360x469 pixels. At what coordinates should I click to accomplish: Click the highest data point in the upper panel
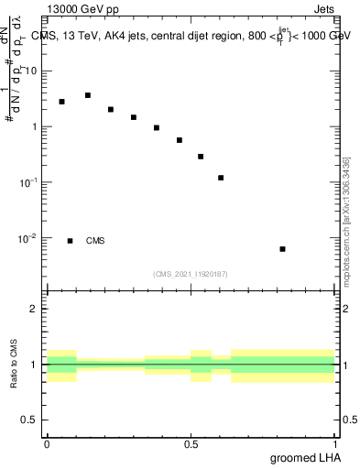point(88,95)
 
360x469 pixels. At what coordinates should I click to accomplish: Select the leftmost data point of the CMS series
point(61,102)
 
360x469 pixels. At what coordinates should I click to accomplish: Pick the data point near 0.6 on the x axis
point(221,178)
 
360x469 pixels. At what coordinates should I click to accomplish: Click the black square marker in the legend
point(70,241)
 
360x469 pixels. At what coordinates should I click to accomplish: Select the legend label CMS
point(95,241)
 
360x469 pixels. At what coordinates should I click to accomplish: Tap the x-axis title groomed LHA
point(305,458)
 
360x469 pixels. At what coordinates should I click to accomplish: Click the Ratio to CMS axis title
point(15,364)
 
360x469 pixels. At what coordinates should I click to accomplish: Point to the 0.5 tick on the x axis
point(191,444)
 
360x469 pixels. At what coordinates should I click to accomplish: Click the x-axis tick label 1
point(334,444)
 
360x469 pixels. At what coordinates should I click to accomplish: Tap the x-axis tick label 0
point(47,444)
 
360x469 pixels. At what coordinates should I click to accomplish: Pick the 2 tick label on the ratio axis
point(35,309)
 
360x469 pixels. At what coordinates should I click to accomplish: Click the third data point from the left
point(111,109)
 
